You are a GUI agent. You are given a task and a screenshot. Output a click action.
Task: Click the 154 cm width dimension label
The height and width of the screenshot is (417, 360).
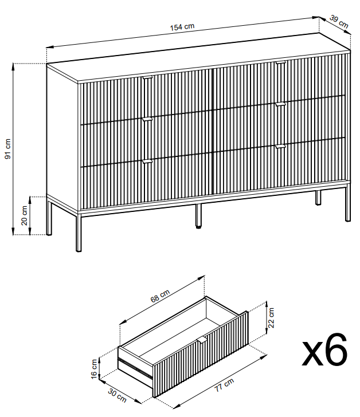(x=182, y=27)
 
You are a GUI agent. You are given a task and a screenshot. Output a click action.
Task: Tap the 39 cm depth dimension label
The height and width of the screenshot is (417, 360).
(x=339, y=22)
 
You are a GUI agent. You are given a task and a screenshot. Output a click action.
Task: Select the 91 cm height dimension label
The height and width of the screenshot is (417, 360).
(x=8, y=149)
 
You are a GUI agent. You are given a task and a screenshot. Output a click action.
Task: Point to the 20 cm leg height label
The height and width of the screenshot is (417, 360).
(x=24, y=215)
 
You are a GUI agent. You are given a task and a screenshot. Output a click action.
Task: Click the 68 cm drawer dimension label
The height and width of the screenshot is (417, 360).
(x=160, y=296)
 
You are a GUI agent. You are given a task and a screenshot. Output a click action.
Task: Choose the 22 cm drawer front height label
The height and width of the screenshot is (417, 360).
(x=271, y=317)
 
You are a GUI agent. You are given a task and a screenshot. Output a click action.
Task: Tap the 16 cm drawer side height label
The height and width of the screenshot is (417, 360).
(x=94, y=369)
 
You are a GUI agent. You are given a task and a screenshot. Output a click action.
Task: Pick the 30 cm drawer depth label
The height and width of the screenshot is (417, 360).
(x=117, y=395)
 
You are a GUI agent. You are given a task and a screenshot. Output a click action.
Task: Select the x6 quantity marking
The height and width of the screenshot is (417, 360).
(x=324, y=349)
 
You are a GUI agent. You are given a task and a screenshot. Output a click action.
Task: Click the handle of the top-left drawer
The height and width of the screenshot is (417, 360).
(x=147, y=78)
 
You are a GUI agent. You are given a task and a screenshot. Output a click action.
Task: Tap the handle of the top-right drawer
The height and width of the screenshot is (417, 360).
(x=280, y=63)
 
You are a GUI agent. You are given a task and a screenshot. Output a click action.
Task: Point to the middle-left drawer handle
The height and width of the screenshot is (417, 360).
(x=147, y=119)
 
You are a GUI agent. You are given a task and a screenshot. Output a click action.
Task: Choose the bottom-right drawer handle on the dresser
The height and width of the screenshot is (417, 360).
(x=280, y=147)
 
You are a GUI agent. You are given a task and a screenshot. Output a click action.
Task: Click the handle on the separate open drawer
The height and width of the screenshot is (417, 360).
(x=202, y=340)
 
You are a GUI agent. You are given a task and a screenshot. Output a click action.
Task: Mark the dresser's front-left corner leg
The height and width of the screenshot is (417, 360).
(x=79, y=231)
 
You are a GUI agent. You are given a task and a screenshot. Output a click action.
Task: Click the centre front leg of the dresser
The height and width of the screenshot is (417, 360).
(x=198, y=216)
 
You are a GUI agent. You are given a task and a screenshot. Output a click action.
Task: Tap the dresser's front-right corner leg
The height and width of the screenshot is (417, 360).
(x=348, y=203)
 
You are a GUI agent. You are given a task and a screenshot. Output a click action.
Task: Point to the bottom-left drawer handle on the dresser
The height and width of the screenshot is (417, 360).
(x=147, y=161)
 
